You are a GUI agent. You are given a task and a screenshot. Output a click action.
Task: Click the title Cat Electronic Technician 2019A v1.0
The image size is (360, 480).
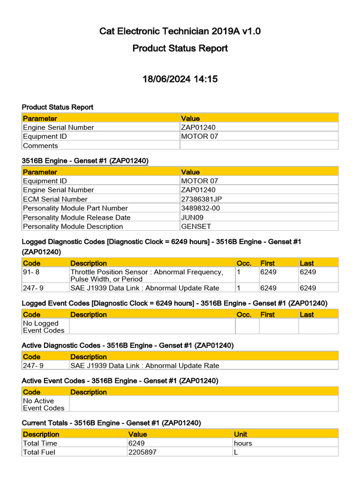point(180,31)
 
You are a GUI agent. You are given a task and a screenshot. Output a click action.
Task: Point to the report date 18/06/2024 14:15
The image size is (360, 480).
point(180,79)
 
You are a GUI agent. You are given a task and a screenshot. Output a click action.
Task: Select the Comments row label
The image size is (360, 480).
point(40,146)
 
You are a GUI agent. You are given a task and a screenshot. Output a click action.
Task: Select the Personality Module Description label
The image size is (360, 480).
point(73,226)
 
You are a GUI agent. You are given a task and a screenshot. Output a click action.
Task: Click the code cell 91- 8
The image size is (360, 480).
point(33,272)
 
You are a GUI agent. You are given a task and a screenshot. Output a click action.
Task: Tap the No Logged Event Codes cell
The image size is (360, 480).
point(44,327)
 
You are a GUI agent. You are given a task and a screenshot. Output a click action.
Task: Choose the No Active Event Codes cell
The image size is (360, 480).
point(44,404)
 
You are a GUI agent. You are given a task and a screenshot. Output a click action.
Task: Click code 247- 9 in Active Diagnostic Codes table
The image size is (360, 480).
point(33,366)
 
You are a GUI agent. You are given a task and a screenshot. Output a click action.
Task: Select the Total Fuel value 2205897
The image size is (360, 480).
point(142,452)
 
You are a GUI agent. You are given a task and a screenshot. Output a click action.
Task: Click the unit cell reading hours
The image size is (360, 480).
point(243,443)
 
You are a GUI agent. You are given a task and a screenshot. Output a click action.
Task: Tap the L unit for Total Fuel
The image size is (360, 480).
point(236,452)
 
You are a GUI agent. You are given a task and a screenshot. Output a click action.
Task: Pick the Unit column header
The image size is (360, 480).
point(240,435)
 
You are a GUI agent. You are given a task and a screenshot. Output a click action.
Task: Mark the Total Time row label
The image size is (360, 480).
point(40,443)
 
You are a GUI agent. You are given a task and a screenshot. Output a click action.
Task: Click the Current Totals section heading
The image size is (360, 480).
point(112,423)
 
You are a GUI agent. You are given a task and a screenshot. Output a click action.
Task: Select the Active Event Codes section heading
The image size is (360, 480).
point(120,380)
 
